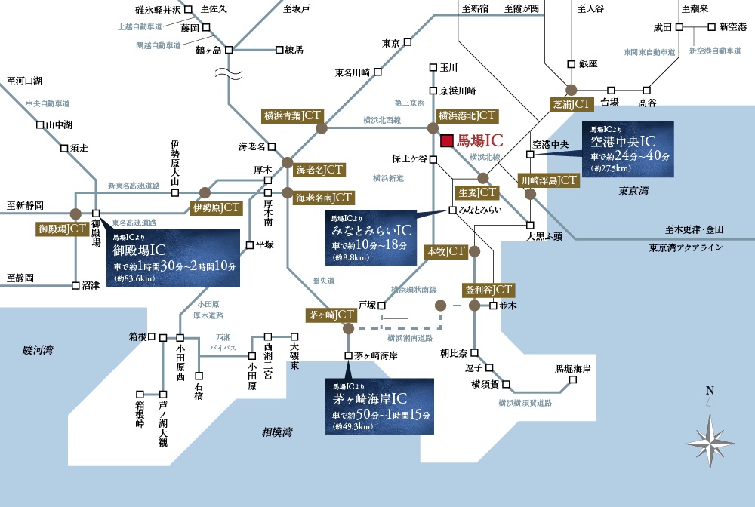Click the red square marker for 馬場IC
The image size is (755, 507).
click(x=447, y=140)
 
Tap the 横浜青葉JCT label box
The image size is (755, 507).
click(x=292, y=115)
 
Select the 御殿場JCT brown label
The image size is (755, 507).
click(x=61, y=229)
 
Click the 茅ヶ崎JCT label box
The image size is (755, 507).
click(x=330, y=314)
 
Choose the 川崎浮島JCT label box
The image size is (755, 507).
click(x=549, y=180)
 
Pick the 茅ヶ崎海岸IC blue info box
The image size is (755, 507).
click(x=380, y=406)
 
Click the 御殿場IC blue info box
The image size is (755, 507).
click(x=172, y=258)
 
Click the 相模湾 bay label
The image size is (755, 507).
click(x=277, y=432)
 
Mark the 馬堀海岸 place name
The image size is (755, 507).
click(x=572, y=370)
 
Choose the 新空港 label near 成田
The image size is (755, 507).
click(x=732, y=26)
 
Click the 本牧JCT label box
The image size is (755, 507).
click(x=446, y=251)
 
